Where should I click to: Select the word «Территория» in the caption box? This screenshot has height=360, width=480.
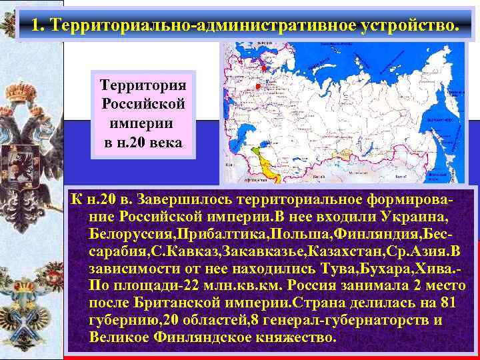click(x=144, y=86)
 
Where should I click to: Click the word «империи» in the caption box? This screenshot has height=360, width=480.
click(x=143, y=123)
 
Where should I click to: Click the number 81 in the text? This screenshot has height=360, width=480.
click(x=449, y=303)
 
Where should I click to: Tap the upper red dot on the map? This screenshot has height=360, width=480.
click(x=264, y=69)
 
